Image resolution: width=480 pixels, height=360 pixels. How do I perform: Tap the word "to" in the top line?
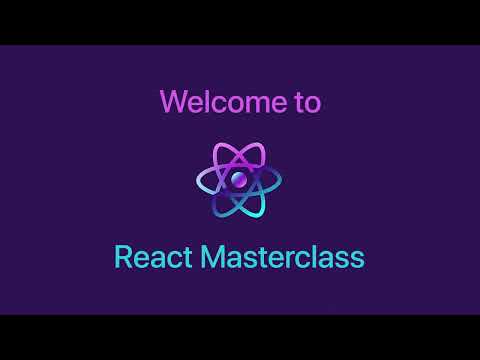[x=307, y=101]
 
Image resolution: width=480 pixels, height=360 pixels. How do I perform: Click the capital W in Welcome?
[x=172, y=101]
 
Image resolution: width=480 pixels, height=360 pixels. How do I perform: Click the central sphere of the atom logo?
[x=240, y=180]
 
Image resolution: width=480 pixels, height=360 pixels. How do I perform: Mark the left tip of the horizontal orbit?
[x=199, y=180]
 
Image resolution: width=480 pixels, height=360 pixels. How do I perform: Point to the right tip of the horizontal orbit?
[x=281, y=180]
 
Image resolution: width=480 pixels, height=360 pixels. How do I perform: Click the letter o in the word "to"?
[x=312, y=103]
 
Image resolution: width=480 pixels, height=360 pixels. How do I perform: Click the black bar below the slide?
[x=240, y=337]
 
